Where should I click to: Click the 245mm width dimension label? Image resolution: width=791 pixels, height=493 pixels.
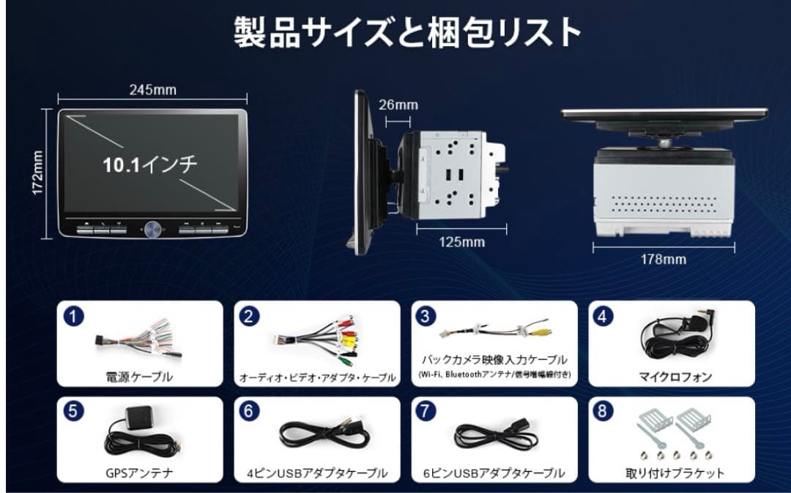point(153,90)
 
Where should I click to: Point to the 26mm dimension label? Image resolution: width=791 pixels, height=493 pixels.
point(398,105)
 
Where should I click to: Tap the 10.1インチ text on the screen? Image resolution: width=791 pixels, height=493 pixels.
point(149,164)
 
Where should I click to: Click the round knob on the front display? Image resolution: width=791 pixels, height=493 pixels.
point(153,229)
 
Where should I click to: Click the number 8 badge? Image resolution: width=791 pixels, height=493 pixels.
point(602,411)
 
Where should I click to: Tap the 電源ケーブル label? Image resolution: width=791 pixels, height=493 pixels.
point(139,377)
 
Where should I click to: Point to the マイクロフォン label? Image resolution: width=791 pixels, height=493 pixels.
point(675,377)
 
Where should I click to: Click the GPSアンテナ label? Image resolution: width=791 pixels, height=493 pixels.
point(139,473)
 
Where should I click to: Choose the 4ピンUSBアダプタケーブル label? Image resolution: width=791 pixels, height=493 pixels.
point(316,473)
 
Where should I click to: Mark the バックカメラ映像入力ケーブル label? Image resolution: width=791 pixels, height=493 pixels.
point(494,360)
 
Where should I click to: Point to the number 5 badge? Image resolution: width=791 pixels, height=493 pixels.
point(73,411)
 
